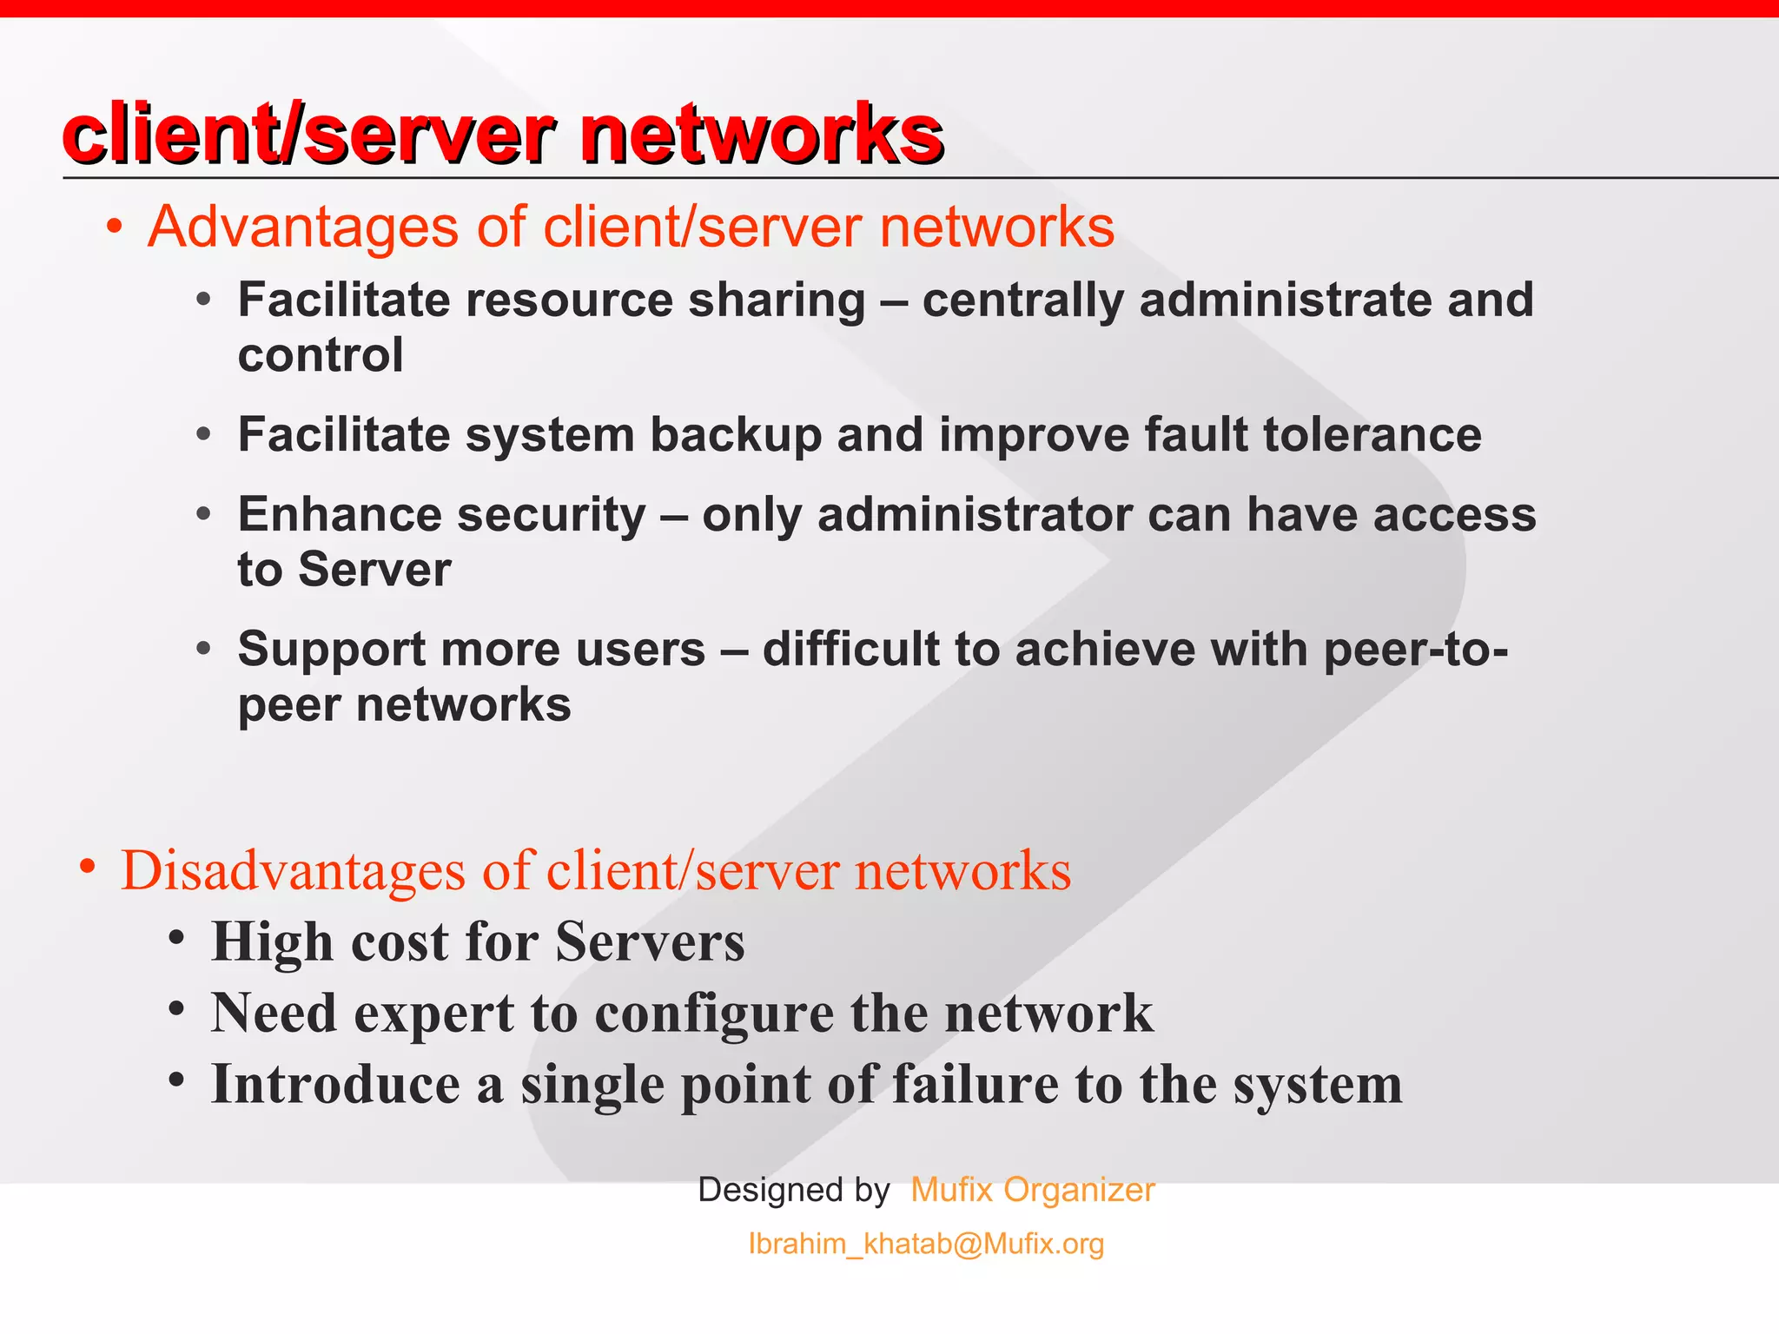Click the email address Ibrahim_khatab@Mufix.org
pos(926,1244)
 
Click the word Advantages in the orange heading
pos(303,228)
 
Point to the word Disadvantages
pos(294,870)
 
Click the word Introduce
pos(335,1085)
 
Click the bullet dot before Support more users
pos(203,648)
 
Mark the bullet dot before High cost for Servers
pos(177,938)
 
